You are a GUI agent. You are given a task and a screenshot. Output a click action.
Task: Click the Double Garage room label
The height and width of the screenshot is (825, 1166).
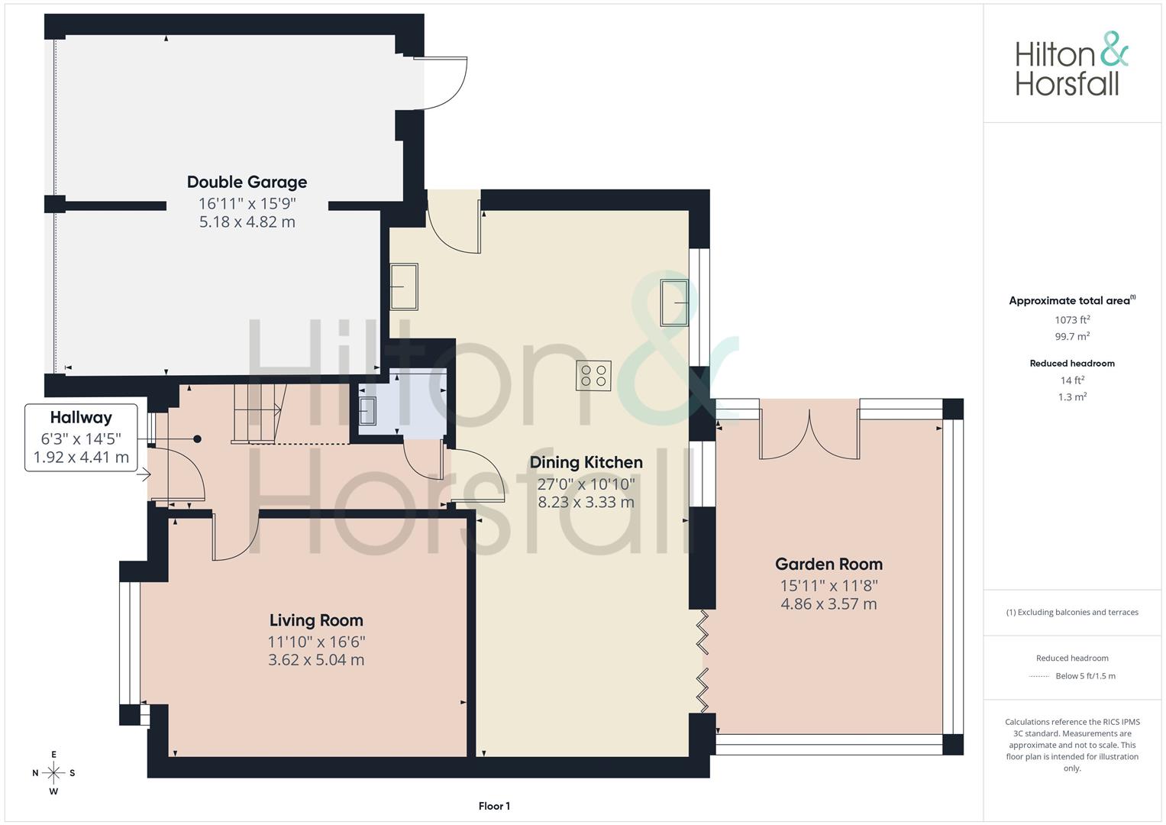[x=247, y=183]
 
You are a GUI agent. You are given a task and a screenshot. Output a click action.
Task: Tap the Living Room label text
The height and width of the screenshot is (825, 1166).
[x=316, y=620]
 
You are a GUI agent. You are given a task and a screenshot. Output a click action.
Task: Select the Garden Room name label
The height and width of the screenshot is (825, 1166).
[x=828, y=564]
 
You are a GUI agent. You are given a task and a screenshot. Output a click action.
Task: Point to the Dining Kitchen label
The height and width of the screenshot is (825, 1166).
[x=586, y=462]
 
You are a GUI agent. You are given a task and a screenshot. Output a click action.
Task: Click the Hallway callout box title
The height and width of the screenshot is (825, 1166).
[x=81, y=418]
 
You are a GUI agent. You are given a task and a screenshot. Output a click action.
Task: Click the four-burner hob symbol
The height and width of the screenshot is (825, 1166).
[x=593, y=376]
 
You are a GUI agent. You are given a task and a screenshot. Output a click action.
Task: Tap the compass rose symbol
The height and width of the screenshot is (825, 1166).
[x=53, y=773]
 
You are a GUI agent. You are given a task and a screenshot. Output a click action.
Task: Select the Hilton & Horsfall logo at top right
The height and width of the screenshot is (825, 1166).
[x=1072, y=64]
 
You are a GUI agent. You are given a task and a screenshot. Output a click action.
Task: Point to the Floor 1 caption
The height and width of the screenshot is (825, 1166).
[x=494, y=806]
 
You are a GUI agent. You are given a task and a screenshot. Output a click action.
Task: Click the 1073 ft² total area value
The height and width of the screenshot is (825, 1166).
[x=1072, y=320]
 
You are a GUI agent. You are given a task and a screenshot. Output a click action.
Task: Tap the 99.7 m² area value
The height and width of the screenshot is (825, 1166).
[x=1072, y=336]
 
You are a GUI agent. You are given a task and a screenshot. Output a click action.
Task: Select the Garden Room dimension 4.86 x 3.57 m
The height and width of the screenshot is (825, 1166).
[x=828, y=604]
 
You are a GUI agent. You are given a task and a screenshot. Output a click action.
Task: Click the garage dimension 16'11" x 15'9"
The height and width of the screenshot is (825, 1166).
[x=247, y=204]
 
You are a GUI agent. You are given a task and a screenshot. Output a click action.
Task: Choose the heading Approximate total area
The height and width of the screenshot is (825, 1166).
[x=1070, y=300]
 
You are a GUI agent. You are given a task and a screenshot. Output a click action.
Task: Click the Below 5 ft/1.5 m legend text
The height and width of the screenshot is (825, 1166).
[x=1085, y=676]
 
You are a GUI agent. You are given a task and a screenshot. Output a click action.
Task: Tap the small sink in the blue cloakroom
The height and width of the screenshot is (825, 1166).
[x=367, y=412]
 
